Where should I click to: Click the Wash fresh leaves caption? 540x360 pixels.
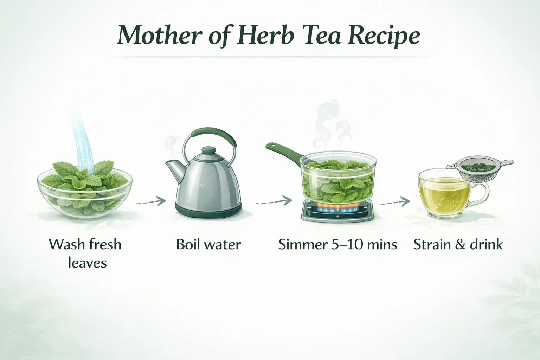[85, 253]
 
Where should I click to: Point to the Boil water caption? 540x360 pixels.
[208, 244]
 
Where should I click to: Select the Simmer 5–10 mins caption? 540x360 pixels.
[337, 244]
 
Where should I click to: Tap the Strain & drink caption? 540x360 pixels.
[458, 244]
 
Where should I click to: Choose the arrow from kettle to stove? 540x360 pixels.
[275, 201]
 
